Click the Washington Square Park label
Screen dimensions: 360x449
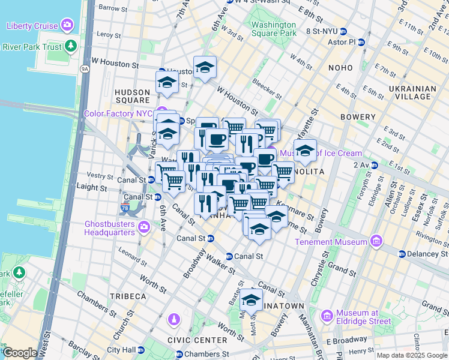click(274, 29)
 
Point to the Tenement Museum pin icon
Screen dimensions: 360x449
click(376, 242)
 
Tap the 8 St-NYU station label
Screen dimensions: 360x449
click(322, 31)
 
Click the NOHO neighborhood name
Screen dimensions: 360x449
click(345, 68)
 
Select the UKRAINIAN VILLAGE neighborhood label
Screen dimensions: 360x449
click(409, 92)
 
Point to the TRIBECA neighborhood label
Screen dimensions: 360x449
click(128, 296)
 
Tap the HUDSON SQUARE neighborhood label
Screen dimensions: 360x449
click(131, 95)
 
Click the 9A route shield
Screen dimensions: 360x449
click(85, 69)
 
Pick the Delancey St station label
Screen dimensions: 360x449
click(424, 254)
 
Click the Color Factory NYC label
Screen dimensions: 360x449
click(119, 113)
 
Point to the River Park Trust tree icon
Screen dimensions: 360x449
click(71, 46)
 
